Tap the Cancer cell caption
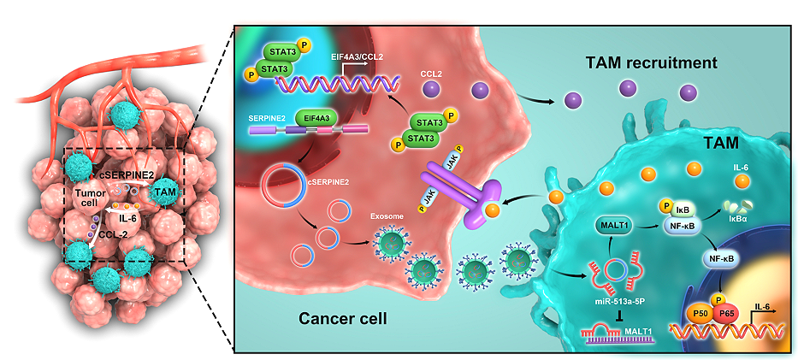click(x=342, y=319)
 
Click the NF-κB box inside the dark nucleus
click(x=722, y=260)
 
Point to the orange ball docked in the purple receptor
click(x=490, y=209)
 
